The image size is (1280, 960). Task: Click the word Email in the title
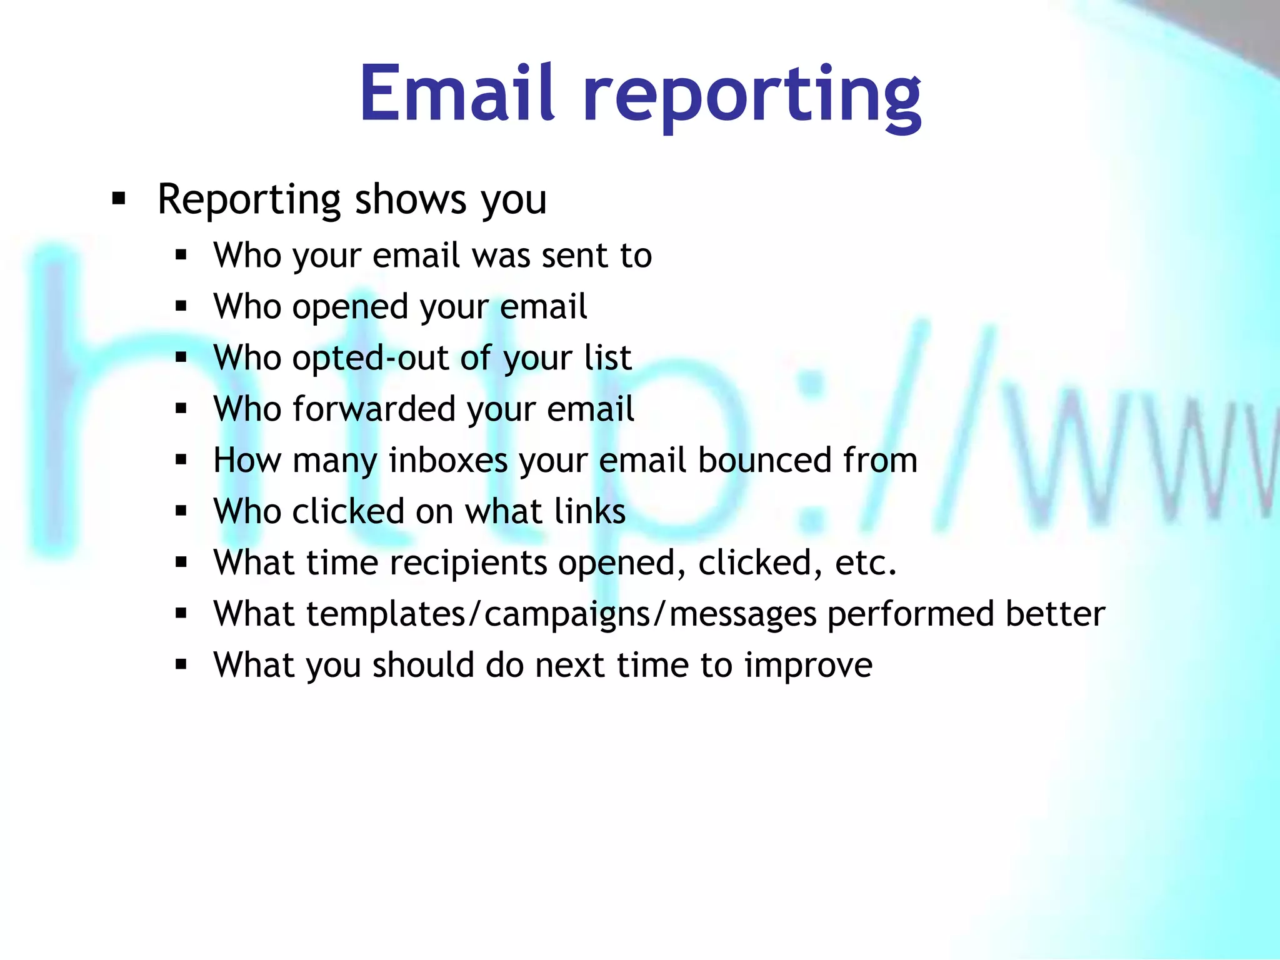point(457,94)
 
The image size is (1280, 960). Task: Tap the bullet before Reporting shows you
point(118,200)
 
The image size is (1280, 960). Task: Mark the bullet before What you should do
point(181,664)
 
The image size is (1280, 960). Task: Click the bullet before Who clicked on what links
point(181,511)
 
